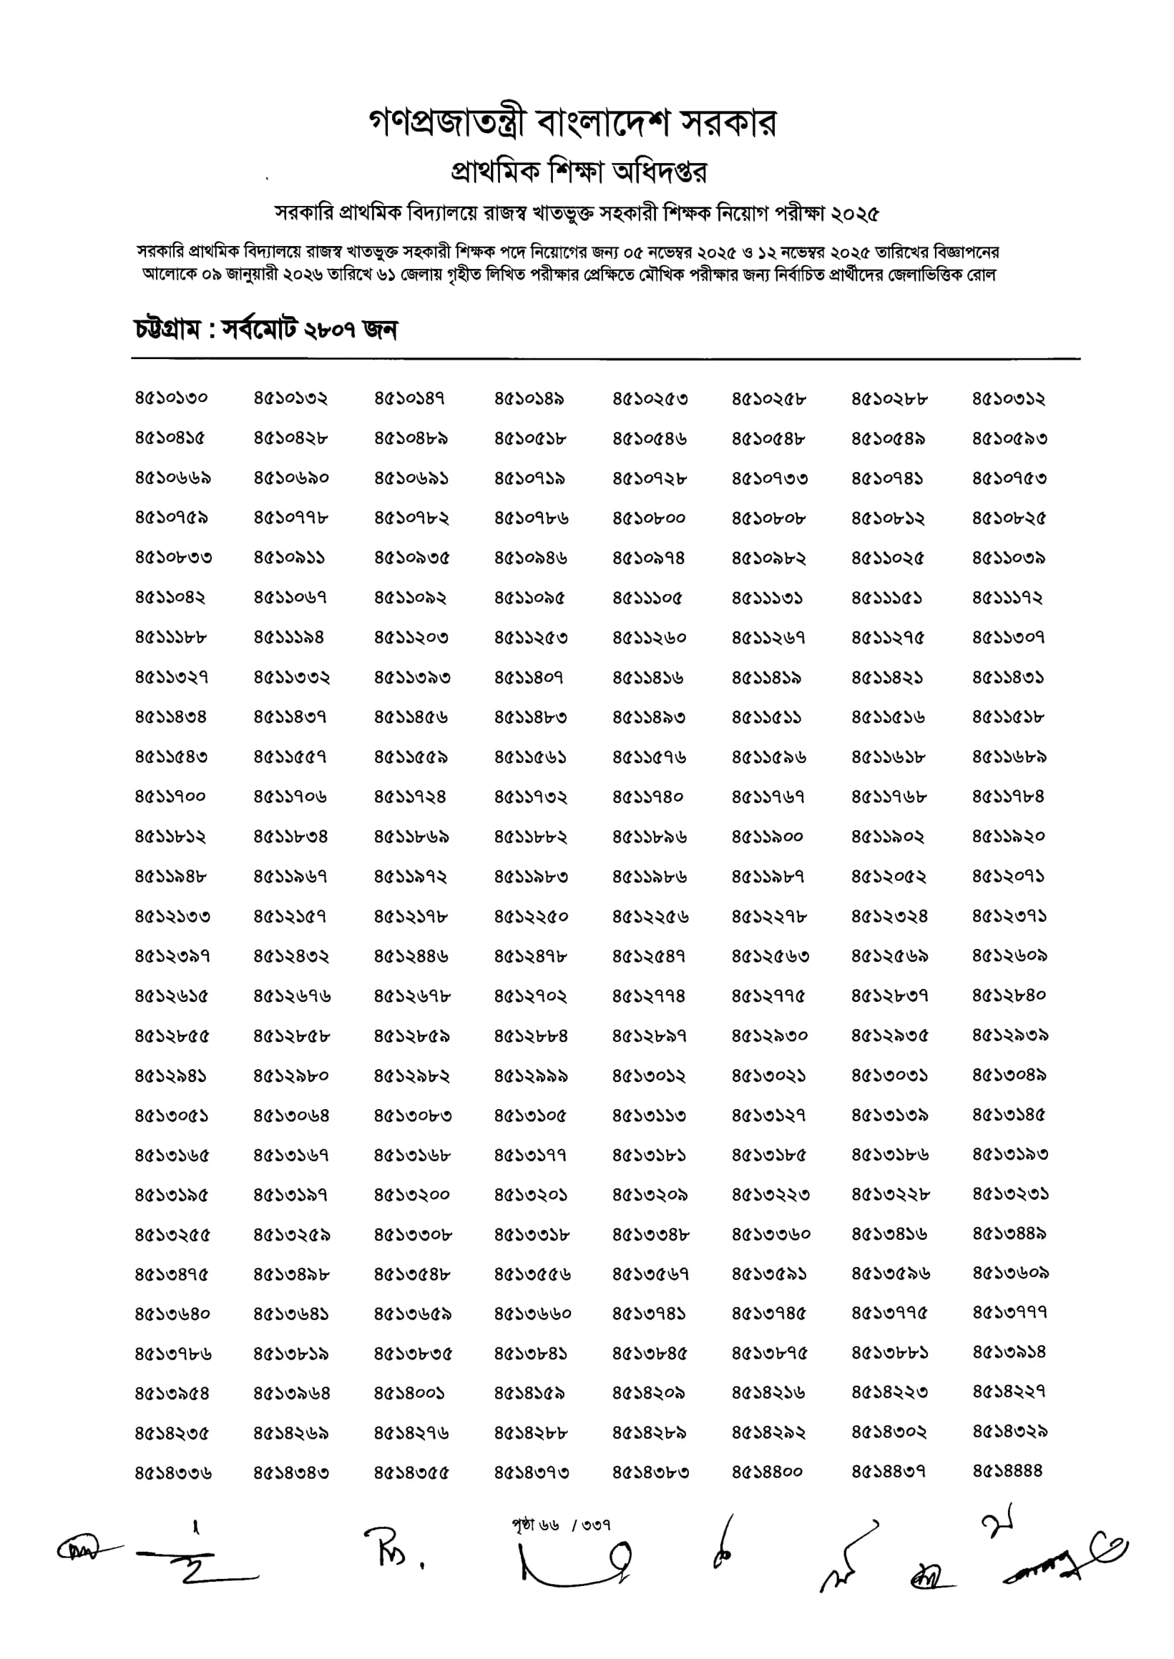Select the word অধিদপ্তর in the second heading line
tap(660, 172)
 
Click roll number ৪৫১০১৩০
tap(171, 398)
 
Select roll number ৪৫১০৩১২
tap(1009, 398)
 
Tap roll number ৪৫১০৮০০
tap(649, 518)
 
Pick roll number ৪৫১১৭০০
tap(170, 797)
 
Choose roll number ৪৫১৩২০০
tap(411, 1195)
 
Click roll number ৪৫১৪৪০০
tap(767, 1471)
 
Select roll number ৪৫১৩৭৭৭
tap(1009, 1311)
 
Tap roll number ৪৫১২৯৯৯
tap(531, 1076)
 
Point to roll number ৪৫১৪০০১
tap(409, 1392)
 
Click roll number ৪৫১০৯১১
tap(289, 558)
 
